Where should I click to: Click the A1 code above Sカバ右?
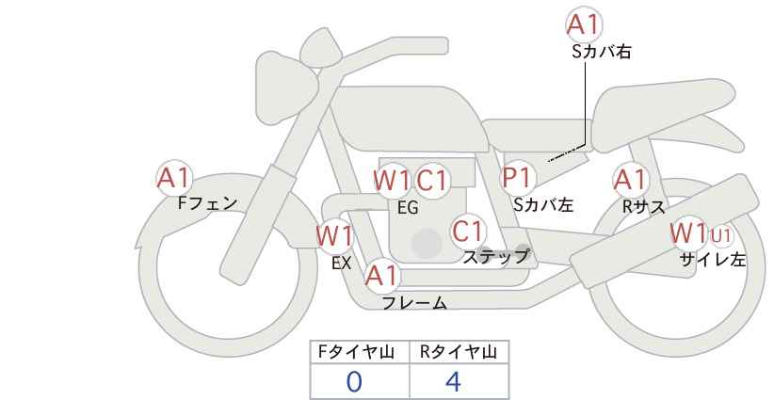(584, 24)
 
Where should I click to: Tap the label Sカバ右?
(601, 53)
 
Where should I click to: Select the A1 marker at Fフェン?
(173, 177)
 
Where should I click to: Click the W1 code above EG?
(392, 180)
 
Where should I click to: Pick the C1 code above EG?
(432, 180)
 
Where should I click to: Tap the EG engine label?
(408, 208)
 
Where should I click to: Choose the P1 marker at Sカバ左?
(517, 177)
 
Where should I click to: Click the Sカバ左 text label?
(543, 203)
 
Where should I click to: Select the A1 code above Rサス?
(629, 178)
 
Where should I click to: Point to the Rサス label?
(643, 207)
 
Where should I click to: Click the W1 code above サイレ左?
(688, 232)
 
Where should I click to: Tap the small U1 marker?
(721, 233)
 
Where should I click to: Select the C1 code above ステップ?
(467, 231)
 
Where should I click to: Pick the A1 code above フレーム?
(382, 276)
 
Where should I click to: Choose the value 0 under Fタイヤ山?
(355, 381)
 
